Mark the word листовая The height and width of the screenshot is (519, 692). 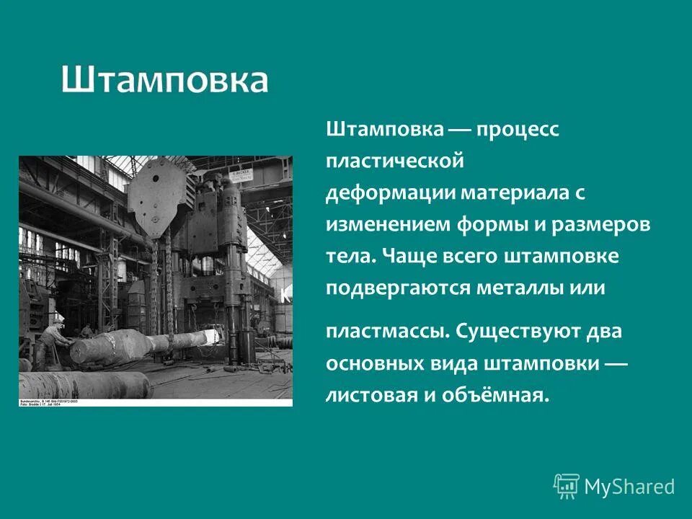pyautogui.click(x=378, y=394)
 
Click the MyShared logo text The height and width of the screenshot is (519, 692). pyautogui.click(x=629, y=487)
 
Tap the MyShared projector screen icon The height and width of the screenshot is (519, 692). pyautogui.click(x=567, y=486)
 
